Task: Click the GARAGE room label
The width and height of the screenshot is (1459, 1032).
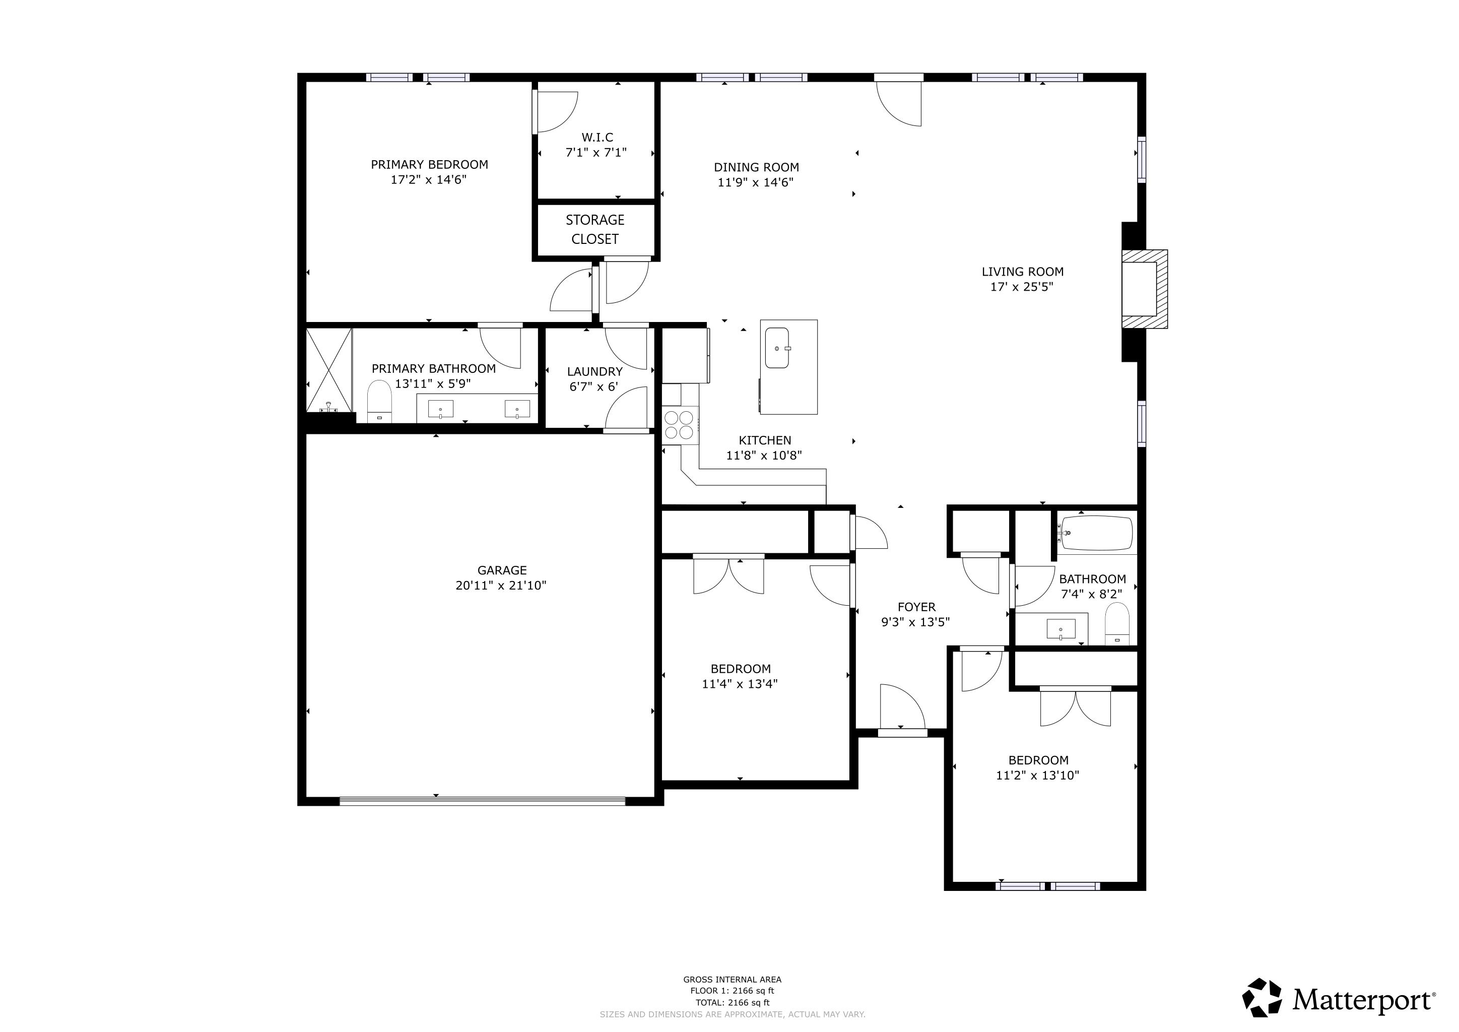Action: pos(502,570)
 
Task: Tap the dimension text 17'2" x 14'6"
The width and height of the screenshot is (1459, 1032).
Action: pos(428,180)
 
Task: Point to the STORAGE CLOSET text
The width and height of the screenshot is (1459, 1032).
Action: pos(595,229)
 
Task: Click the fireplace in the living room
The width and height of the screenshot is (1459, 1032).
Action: pos(1143,289)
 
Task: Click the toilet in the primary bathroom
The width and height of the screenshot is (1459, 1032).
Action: pos(379,402)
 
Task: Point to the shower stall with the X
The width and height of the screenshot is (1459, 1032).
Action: pos(328,370)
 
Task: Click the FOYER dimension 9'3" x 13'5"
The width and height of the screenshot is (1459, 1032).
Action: pos(915,622)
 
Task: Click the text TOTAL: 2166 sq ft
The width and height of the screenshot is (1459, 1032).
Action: pos(732,1002)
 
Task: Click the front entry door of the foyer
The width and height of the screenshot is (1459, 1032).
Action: pos(902,733)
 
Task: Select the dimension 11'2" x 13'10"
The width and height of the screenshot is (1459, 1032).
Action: pos(1038,776)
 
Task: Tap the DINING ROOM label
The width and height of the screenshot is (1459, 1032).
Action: pos(756,167)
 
